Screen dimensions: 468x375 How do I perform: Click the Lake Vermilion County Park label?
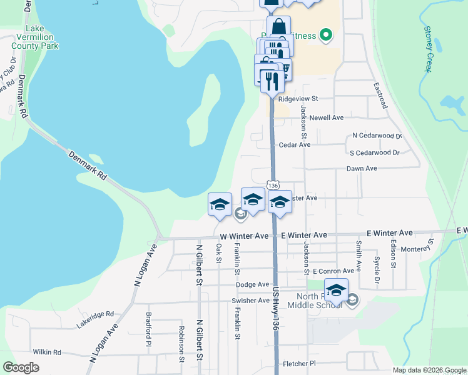[x=43, y=37]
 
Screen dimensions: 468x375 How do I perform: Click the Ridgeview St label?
[x=298, y=99]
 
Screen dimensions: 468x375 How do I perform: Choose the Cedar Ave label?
[x=295, y=144]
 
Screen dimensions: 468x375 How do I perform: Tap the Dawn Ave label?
[x=362, y=169]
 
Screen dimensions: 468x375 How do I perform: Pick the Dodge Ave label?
[x=252, y=284]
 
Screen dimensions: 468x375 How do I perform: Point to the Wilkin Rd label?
[x=48, y=352]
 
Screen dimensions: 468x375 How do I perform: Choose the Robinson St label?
[x=181, y=344]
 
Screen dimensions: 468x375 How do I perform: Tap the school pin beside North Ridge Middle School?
[x=336, y=291]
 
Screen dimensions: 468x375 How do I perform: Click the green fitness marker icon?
[x=325, y=35]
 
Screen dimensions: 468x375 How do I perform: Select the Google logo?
[x=21, y=367]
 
